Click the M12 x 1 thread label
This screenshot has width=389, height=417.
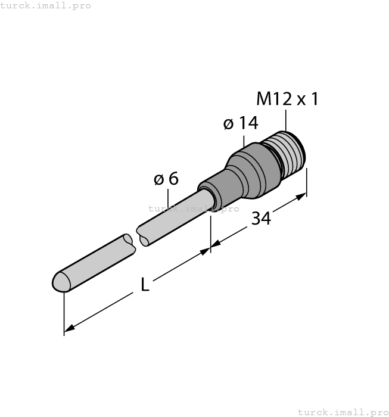coord(287,98)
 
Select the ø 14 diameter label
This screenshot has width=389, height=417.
coord(241,123)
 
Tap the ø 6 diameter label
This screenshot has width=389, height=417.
coord(166,179)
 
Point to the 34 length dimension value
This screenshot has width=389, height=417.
coord(260,219)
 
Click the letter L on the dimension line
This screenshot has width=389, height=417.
coord(145,285)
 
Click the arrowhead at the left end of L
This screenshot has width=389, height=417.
coord(69,328)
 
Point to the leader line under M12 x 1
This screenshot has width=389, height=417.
coord(286,120)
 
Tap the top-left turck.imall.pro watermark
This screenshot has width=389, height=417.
coord(46,5)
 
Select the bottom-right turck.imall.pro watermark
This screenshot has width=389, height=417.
coord(343,412)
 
